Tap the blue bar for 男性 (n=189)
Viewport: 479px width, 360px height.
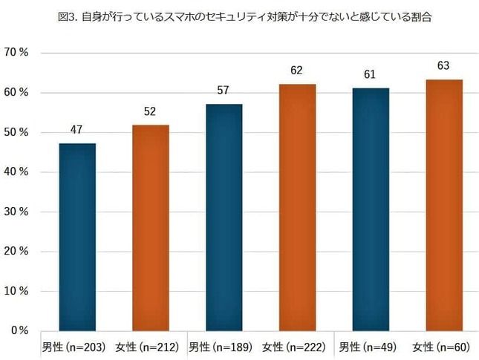[x=224, y=217]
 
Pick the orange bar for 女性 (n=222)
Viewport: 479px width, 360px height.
[x=297, y=207]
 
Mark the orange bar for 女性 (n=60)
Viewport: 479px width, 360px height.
[x=444, y=205]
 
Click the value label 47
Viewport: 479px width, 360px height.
[x=77, y=129]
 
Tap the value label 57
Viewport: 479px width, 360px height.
[x=224, y=91]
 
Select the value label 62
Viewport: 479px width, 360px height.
[x=297, y=71]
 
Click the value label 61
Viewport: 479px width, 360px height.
[x=371, y=74]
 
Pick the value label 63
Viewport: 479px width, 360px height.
[x=444, y=66]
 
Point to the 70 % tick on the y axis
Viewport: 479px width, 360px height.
[x=18, y=53]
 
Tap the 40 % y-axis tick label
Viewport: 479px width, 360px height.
[x=18, y=172]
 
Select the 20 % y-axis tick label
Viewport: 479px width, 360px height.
[x=18, y=251]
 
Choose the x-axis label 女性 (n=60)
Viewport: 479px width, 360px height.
[x=441, y=347]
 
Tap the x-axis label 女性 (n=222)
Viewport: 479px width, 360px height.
[x=296, y=347]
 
